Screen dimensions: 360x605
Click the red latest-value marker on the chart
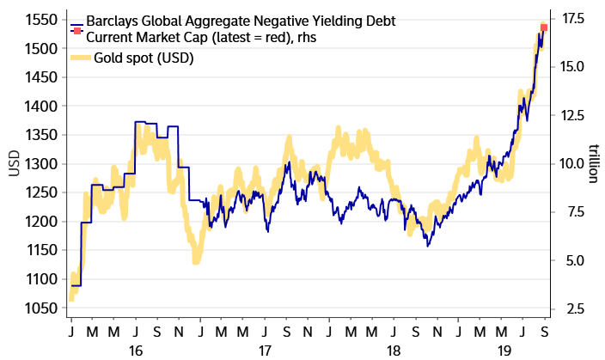[x=544, y=27]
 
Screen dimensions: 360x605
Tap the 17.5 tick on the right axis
[x=574, y=18]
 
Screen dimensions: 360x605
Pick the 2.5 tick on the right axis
[x=571, y=308]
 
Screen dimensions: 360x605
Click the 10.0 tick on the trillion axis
[x=574, y=163]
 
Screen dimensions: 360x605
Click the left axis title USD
[x=12, y=163]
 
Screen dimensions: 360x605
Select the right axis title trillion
[x=593, y=163]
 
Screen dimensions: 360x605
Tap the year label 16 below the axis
[x=135, y=351]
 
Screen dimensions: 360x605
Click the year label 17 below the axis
[x=265, y=351]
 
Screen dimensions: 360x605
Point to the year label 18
[x=394, y=351]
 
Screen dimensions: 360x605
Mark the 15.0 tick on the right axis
[x=574, y=66]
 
